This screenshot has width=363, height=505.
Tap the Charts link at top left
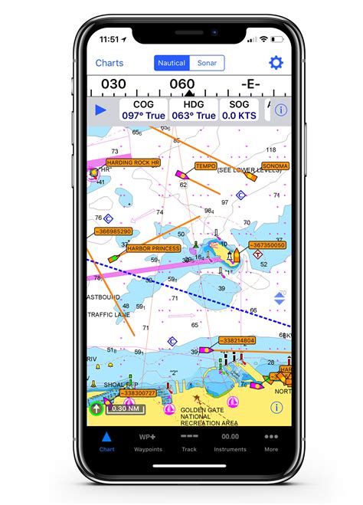[x=110, y=64]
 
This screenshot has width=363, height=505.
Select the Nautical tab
[x=172, y=64]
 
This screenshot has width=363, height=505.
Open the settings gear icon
[x=276, y=63]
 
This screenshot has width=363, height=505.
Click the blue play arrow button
[x=101, y=110]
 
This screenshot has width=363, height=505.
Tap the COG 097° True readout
[x=143, y=110]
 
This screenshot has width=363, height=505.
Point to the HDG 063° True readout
[x=192, y=110]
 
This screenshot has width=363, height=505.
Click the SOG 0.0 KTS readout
[x=239, y=110]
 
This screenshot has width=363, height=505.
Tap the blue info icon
[x=281, y=110]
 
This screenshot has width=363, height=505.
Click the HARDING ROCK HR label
[x=132, y=162]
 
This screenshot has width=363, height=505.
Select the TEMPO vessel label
[x=205, y=166]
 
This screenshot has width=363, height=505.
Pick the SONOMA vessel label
[x=275, y=166]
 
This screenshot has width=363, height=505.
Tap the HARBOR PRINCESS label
[x=153, y=248]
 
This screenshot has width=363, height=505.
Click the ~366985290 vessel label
[x=113, y=231]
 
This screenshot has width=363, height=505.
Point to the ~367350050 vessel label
[x=268, y=245]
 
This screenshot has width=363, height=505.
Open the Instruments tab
[x=230, y=441]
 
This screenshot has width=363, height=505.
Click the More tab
[x=271, y=441]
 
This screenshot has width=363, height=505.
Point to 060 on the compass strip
[x=181, y=84]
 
